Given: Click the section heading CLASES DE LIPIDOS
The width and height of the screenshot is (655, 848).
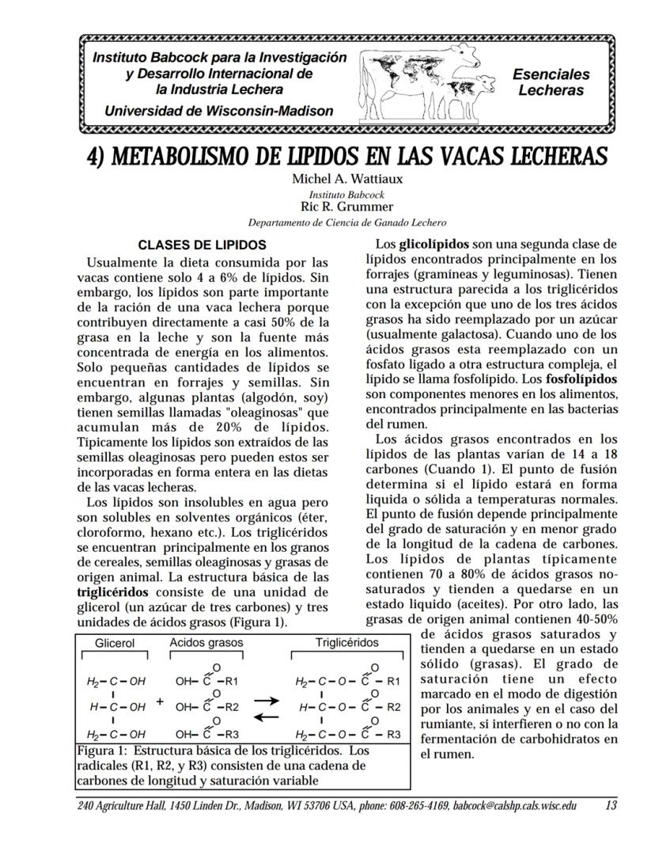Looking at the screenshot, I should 203,245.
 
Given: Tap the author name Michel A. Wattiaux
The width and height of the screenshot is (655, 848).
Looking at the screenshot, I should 346,179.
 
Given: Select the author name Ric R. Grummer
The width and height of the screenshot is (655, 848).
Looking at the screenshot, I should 346,207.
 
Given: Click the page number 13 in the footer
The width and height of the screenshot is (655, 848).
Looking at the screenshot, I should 610,806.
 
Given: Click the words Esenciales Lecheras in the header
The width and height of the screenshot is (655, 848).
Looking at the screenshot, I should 551,82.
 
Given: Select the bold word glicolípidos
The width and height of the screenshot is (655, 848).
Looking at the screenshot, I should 434,244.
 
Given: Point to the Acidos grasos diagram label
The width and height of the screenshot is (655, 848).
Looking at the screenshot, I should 206,643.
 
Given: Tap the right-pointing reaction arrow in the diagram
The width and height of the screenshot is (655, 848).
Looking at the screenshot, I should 266,701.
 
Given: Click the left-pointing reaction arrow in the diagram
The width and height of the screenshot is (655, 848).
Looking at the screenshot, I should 266,717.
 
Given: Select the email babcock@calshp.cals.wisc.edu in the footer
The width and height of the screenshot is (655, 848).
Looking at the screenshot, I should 515,806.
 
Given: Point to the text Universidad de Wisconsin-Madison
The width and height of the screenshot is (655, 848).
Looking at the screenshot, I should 219,111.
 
